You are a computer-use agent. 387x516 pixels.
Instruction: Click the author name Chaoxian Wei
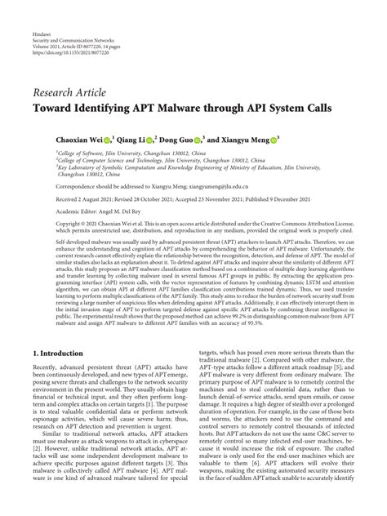(79, 140)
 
